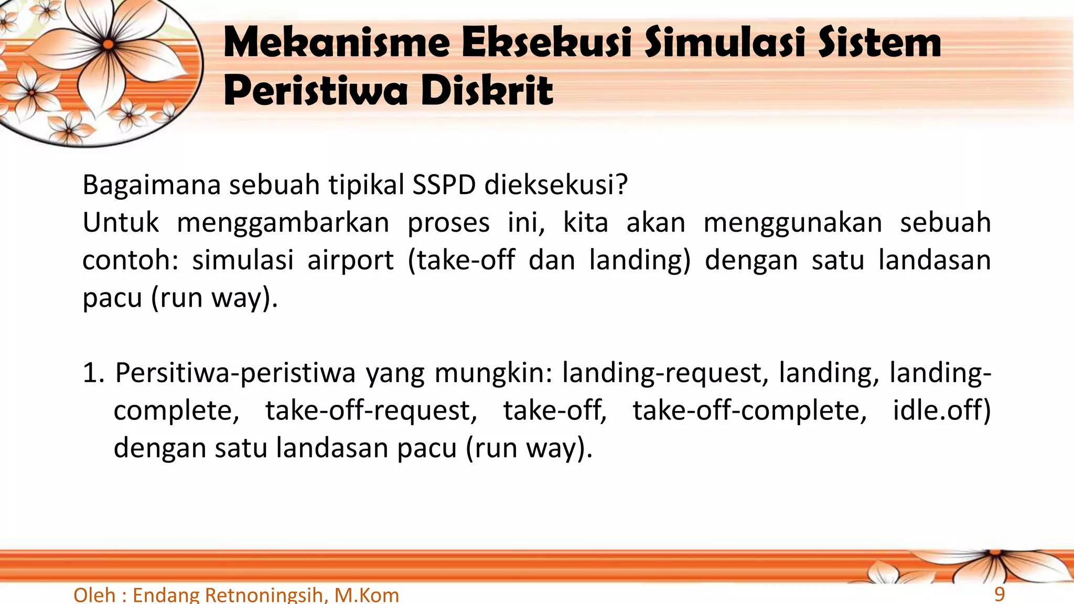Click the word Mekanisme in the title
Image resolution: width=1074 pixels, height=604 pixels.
coord(337,43)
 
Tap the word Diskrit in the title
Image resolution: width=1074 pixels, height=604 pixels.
coord(487,90)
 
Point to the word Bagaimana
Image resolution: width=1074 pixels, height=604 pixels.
coord(151,185)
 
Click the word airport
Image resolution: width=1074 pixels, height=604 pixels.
coord(350,260)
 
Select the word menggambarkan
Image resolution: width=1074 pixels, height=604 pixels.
coord(283,222)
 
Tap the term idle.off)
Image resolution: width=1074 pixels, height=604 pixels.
coord(942,411)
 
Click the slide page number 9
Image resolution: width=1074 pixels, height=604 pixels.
coord(1000,594)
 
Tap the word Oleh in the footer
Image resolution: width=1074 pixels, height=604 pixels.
coord(94,595)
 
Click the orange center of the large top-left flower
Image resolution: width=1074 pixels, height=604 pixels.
coord(108,44)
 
